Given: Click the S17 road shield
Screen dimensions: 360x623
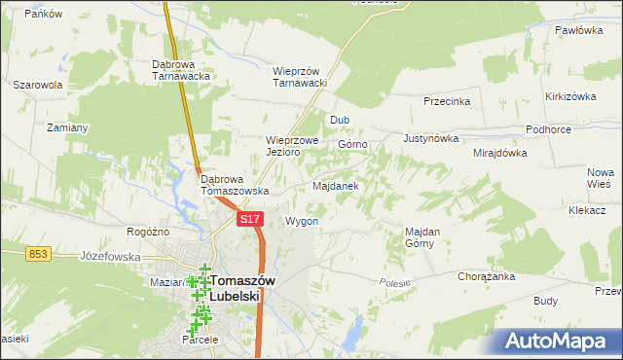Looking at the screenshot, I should coord(250,221).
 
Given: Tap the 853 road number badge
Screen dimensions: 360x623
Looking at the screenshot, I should coord(38,253).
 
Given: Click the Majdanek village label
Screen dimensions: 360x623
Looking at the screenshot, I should coord(336,185).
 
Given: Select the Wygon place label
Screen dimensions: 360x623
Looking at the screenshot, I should coord(302,221).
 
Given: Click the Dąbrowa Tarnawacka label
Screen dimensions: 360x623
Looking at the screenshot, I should coord(182,71).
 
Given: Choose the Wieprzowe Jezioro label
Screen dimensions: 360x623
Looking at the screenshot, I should coord(293,146).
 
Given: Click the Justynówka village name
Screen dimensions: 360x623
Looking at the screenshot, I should coord(429,138).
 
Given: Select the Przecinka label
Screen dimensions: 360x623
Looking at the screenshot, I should coord(447,101).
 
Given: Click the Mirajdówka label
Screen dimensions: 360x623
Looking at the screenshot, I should coord(499,153).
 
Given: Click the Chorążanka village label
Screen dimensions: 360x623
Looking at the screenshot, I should coord(486,276).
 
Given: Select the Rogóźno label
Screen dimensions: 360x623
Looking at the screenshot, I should coord(148,232).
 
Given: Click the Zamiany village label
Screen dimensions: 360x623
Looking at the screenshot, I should coord(67,127).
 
